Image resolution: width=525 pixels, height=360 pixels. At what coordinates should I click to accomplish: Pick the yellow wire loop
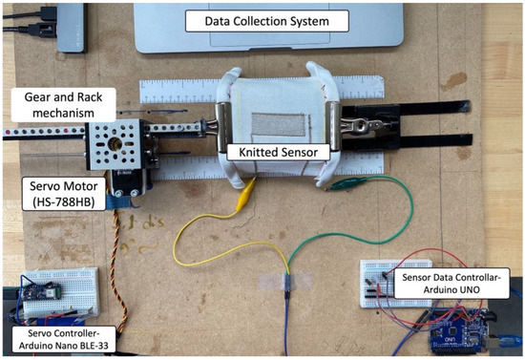[205, 239]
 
